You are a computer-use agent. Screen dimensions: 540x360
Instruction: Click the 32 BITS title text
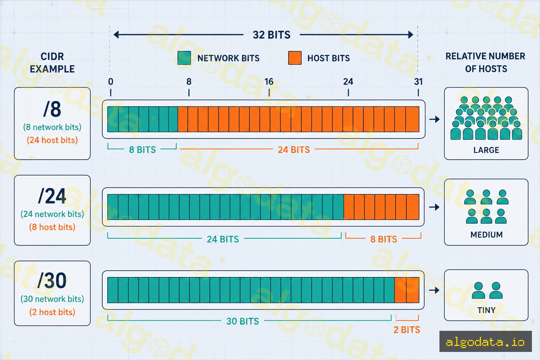(271, 35)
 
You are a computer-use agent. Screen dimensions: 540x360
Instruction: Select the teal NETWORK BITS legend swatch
(184, 58)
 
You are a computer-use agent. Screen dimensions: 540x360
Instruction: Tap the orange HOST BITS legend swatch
(295, 58)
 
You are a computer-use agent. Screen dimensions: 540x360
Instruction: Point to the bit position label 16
(269, 82)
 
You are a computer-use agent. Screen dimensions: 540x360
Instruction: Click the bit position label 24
(348, 82)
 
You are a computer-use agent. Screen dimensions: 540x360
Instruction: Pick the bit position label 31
(418, 82)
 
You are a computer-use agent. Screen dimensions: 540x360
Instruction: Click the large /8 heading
(52, 109)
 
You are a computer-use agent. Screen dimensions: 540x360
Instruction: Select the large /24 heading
(52, 196)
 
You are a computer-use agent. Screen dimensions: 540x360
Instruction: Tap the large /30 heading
(52, 281)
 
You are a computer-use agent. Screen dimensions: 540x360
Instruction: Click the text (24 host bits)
(52, 140)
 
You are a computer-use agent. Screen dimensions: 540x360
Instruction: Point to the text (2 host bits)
(52, 312)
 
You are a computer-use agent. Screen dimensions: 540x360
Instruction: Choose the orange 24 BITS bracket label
(294, 150)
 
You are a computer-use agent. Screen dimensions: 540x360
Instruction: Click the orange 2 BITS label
(407, 330)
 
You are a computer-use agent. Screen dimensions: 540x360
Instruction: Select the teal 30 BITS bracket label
(243, 321)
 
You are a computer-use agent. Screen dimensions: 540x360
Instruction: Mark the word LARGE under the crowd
(486, 150)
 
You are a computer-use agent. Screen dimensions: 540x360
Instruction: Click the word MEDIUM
(487, 234)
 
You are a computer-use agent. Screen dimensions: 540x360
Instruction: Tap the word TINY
(487, 310)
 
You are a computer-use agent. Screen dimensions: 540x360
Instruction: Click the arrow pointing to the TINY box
(435, 290)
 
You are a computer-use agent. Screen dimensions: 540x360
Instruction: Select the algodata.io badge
(486, 341)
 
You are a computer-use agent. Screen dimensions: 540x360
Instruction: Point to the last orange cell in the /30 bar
(413, 290)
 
